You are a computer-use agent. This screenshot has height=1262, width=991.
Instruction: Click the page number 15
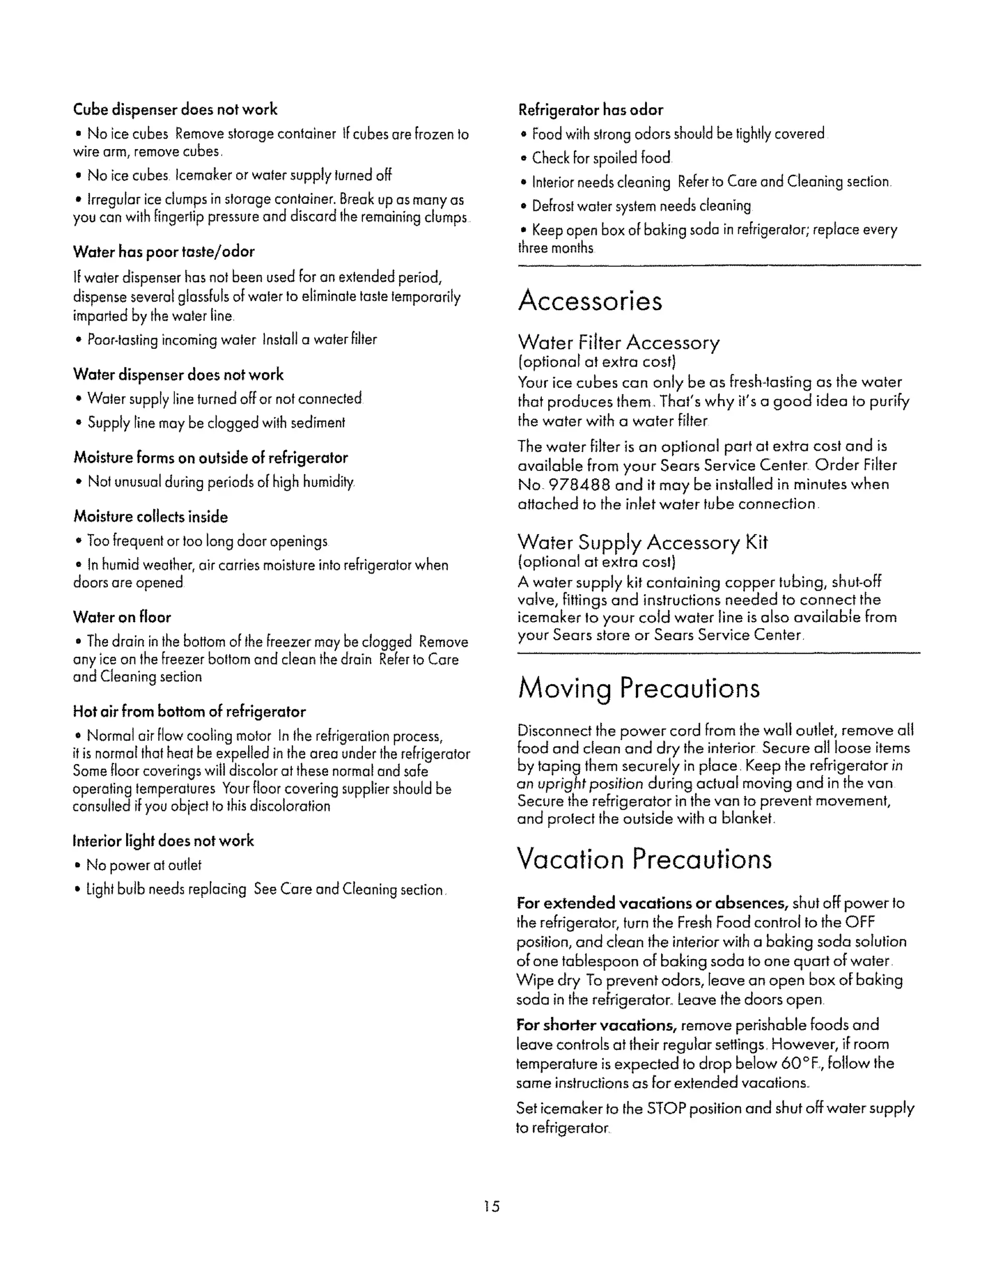(492, 1206)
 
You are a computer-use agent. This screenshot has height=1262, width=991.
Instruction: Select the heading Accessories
(590, 301)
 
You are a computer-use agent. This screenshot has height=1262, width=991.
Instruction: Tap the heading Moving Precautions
(638, 688)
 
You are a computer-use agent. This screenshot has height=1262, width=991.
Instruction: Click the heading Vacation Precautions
(644, 859)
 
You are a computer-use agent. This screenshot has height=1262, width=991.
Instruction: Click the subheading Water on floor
(122, 617)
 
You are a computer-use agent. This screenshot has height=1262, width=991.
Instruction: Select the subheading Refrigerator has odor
(590, 110)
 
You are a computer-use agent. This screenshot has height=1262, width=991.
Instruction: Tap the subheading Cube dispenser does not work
(175, 110)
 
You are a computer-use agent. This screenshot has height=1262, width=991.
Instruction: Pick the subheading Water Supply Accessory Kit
(642, 542)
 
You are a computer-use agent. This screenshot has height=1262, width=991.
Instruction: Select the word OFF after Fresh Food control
(860, 923)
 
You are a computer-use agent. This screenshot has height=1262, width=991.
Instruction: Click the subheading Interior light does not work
(163, 841)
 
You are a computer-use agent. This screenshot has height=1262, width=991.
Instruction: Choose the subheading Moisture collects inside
(150, 517)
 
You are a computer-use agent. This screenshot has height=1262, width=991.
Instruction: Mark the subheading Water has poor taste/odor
(164, 252)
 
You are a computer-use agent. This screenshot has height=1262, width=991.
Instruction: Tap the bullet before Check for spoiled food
(524, 158)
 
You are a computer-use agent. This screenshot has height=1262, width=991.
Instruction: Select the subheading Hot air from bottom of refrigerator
(189, 712)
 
